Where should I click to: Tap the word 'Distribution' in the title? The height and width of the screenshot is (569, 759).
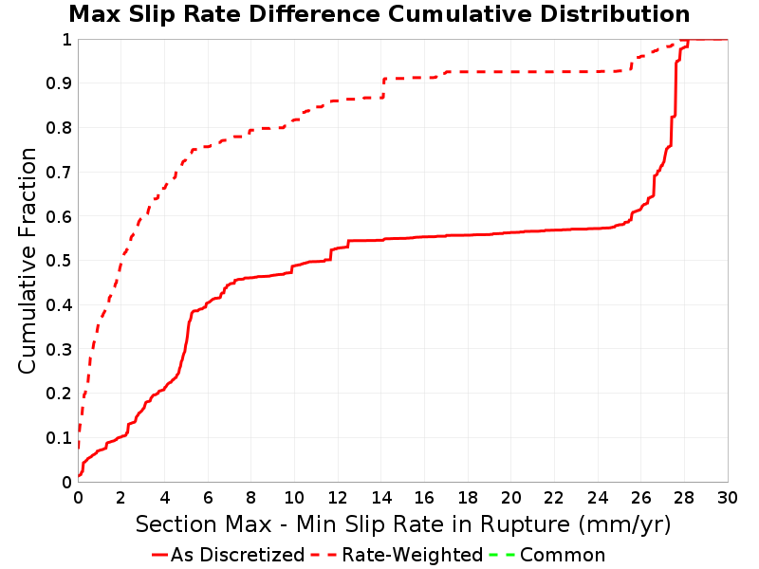click(615, 14)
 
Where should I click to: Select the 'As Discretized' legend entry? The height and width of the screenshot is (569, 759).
click(228, 555)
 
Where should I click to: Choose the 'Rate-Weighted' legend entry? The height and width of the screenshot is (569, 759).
click(397, 555)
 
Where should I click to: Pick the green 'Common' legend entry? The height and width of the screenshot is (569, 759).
click(547, 555)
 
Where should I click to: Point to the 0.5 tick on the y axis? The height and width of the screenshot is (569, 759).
click(59, 261)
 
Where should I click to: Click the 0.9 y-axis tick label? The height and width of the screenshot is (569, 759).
click(59, 83)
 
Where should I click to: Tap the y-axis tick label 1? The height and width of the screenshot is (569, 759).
click(66, 39)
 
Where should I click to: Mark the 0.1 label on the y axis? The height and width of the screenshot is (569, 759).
click(59, 438)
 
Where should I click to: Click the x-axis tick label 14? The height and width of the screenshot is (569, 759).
click(381, 497)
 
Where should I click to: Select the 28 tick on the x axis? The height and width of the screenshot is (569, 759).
click(684, 497)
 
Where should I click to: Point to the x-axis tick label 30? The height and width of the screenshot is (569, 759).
click(728, 497)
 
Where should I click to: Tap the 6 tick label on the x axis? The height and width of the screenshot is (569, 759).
click(208, 497)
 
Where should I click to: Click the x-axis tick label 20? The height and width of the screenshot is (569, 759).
click(511, 497)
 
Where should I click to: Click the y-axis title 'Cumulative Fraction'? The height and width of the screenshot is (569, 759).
click(28, 260)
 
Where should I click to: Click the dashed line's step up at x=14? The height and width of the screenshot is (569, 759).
click(383, 87)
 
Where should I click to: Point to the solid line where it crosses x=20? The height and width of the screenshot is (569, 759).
click(511, 232)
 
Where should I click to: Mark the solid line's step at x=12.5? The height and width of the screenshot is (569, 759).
click(348, 244)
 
